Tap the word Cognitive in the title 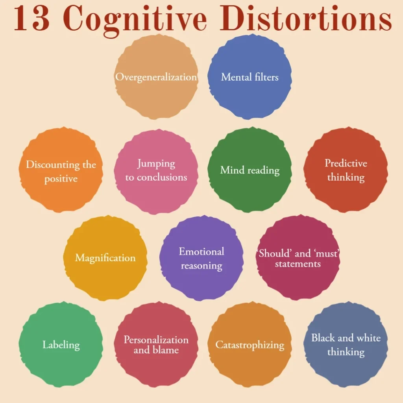point(136,20)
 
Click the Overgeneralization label point(156,77)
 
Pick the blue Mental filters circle point(250,77)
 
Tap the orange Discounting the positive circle point(61,170)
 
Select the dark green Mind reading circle point(250,170)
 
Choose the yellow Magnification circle point(105,258)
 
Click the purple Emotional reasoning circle point(201,258)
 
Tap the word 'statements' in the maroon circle point(298,264)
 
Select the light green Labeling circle point(61,345)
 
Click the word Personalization point(156,340)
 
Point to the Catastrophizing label point(250,345)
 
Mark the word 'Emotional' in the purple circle point(201,251)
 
